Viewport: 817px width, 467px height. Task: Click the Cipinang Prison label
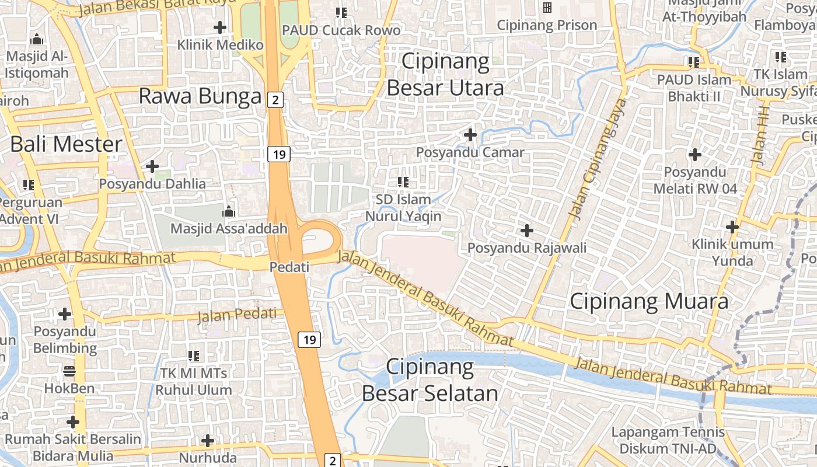[547, 25]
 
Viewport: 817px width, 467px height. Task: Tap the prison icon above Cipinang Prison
[547, 8]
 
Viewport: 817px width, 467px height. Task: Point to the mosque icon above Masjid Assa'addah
[229, 211]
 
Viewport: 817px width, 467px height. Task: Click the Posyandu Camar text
[470, 153]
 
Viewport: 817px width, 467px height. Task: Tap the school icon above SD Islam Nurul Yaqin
[403, 182]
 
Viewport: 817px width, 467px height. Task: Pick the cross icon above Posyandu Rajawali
[527, 231]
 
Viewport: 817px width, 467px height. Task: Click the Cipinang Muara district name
[648, 301]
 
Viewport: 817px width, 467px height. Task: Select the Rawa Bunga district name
[200, 96]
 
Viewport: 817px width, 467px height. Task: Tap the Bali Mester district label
[67, 144]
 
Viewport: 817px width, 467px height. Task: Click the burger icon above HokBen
[69, 371]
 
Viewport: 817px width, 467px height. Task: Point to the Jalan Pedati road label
[237, 315]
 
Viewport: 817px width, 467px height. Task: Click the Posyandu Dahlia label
[152, 184]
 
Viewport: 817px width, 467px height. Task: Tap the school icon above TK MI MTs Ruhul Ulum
[194, 356]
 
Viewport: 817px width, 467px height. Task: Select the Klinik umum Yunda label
[732, 252]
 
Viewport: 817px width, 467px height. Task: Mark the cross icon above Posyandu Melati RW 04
[694, 155]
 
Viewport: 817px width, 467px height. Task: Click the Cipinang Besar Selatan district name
[430, 380]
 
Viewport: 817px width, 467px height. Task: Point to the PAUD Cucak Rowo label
[341, 30]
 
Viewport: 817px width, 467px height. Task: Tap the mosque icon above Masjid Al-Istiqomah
[37, 40]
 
